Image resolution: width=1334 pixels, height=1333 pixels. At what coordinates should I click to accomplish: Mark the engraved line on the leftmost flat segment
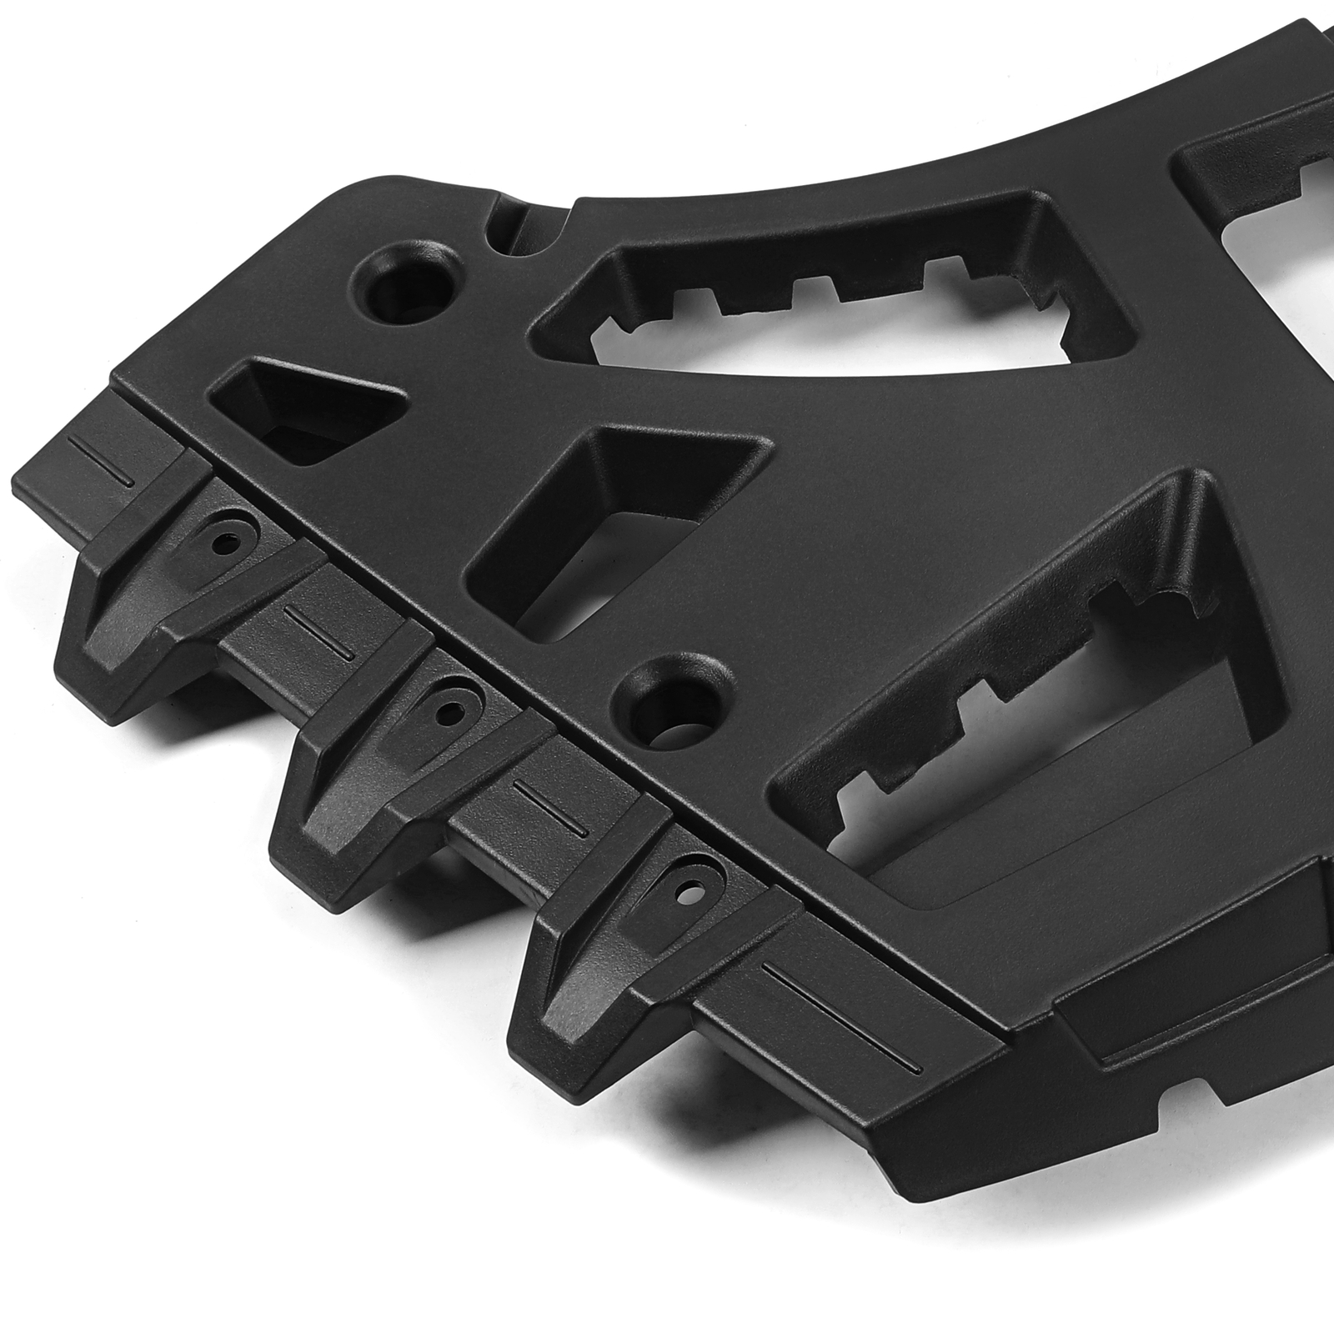(x=98, y=459)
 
